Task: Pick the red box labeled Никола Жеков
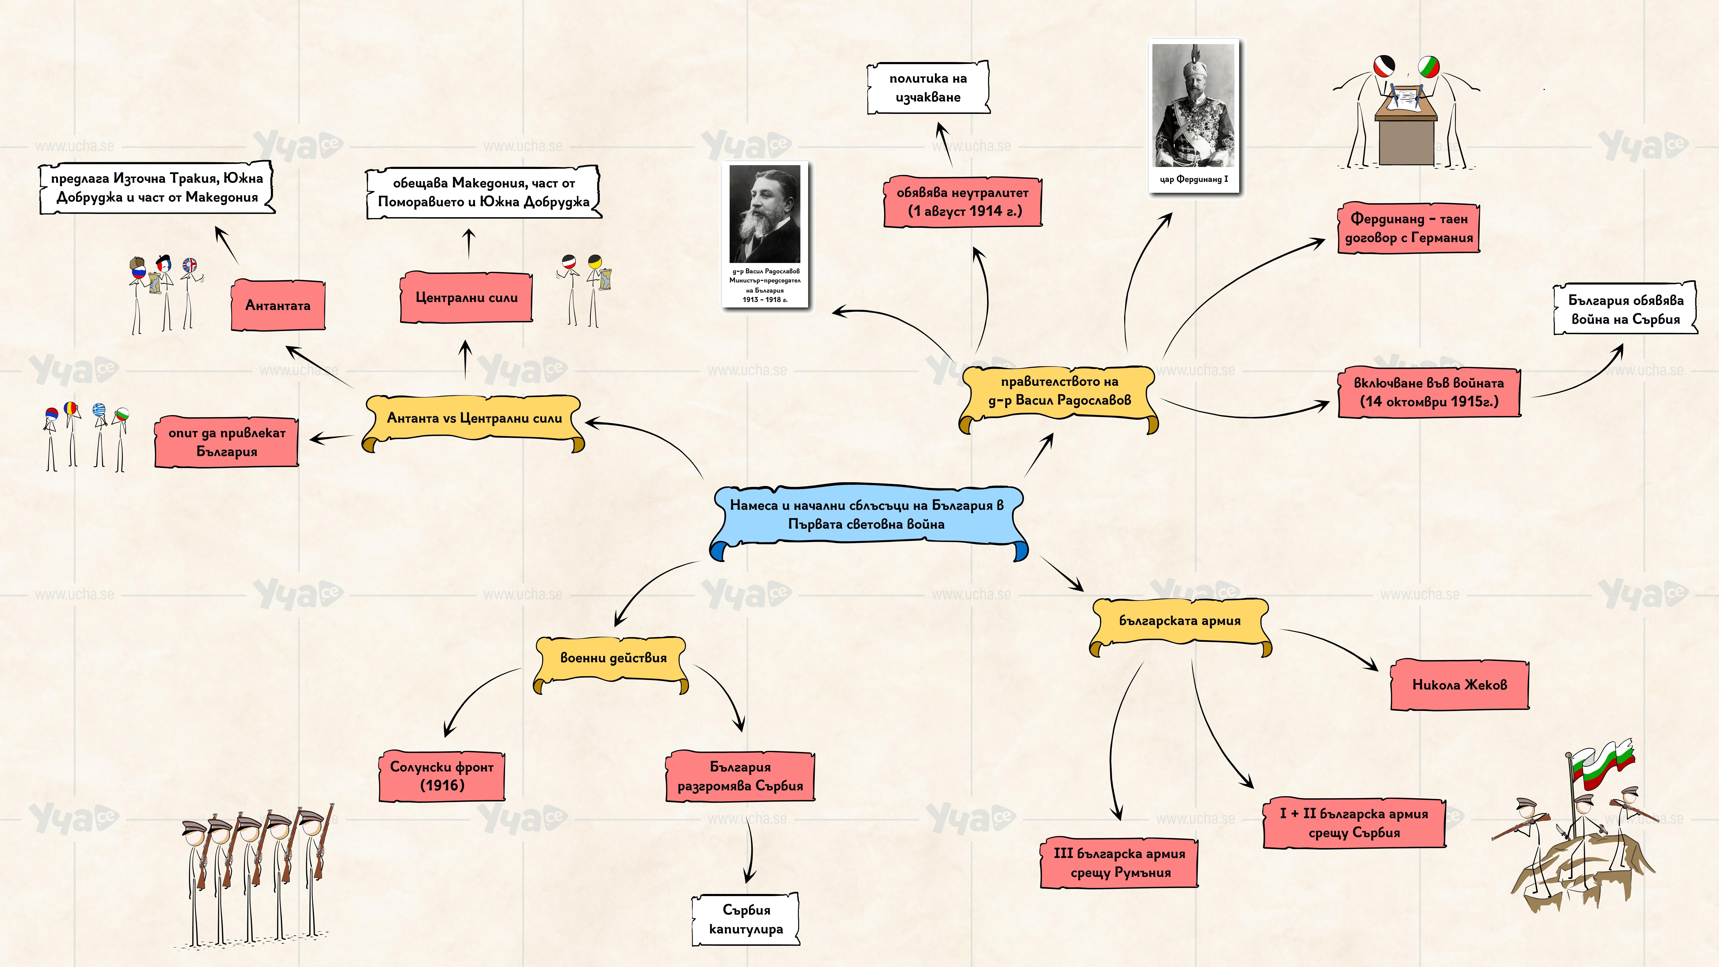point(1459,685)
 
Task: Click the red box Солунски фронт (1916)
point(442,776)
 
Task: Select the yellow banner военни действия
point(613,658)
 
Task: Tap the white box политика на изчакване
point(928,87)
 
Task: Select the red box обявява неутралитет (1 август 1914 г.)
point(962,202)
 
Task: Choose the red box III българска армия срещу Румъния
point(1119,863)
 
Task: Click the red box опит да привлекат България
point(227,442)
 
